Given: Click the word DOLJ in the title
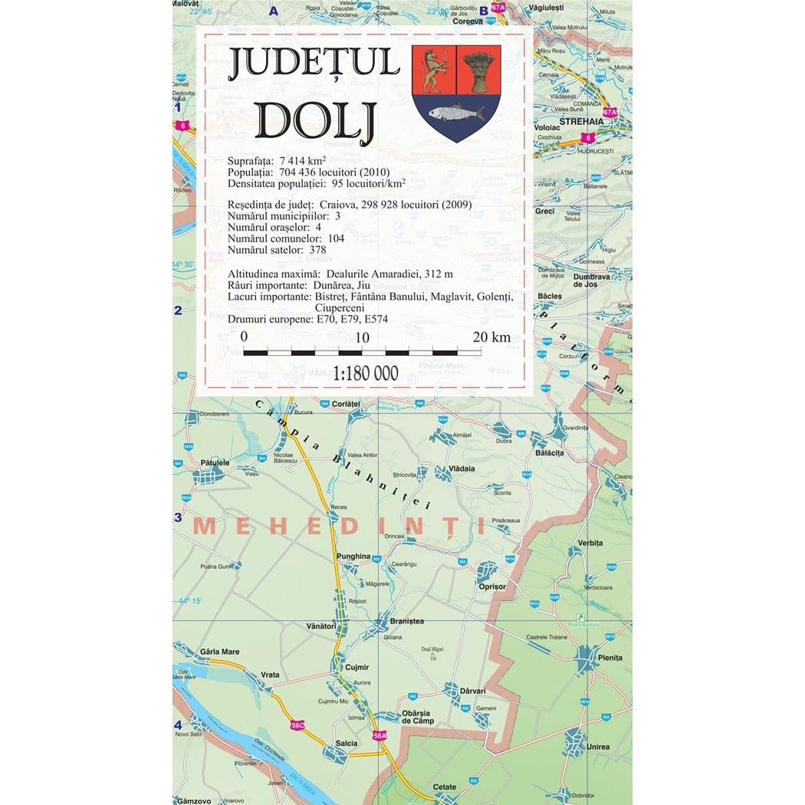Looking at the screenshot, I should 314,121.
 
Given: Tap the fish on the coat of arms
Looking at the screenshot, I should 455,114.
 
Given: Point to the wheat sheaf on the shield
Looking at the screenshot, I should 479,70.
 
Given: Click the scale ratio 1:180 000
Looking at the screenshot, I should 366,373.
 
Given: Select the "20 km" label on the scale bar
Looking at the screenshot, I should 491,337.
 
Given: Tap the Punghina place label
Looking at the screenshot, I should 353,557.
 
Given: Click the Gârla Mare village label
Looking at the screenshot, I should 219,652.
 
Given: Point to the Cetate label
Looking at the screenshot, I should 445,787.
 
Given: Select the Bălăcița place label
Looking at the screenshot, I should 550,453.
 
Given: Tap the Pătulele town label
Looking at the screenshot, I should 215,463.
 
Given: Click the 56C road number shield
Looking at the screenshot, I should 297,725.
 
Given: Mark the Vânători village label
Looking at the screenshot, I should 321,626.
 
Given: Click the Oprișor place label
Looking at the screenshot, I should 492,586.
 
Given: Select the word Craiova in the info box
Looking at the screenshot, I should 347,205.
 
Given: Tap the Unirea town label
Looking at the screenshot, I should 598,747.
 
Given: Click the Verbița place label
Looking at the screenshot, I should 590,543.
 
